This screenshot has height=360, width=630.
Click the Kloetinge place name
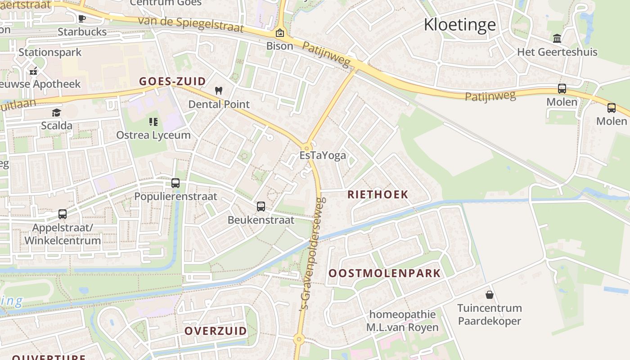click(460, 25)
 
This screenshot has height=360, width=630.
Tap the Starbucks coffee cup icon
click(81, 18)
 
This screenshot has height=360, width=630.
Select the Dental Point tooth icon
click(219, 90)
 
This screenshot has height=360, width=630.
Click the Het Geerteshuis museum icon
click(557, 38)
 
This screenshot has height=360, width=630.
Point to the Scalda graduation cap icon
click(56, 112)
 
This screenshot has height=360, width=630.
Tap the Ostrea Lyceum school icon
click(153, 122)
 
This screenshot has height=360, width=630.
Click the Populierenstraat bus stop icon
click(175, 183)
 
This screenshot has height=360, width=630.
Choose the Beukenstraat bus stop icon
click(261, 207)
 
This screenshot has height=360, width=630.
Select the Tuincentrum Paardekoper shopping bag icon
click(489, 295)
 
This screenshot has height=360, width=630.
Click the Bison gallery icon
click(279, 33)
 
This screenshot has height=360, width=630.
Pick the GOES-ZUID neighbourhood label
click(172, 81)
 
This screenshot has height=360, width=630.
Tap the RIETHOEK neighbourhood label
click(378, 195)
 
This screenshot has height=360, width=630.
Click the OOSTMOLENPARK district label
click(384, 273)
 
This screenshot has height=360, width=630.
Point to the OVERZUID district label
click(216, 331)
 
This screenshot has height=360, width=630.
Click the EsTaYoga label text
click(323, 156)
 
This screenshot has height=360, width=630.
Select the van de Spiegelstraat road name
click(190, 25)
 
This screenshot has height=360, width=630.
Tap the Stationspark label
click(50, 52)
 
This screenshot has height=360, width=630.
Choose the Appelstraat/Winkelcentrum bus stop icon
click(63, 214)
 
